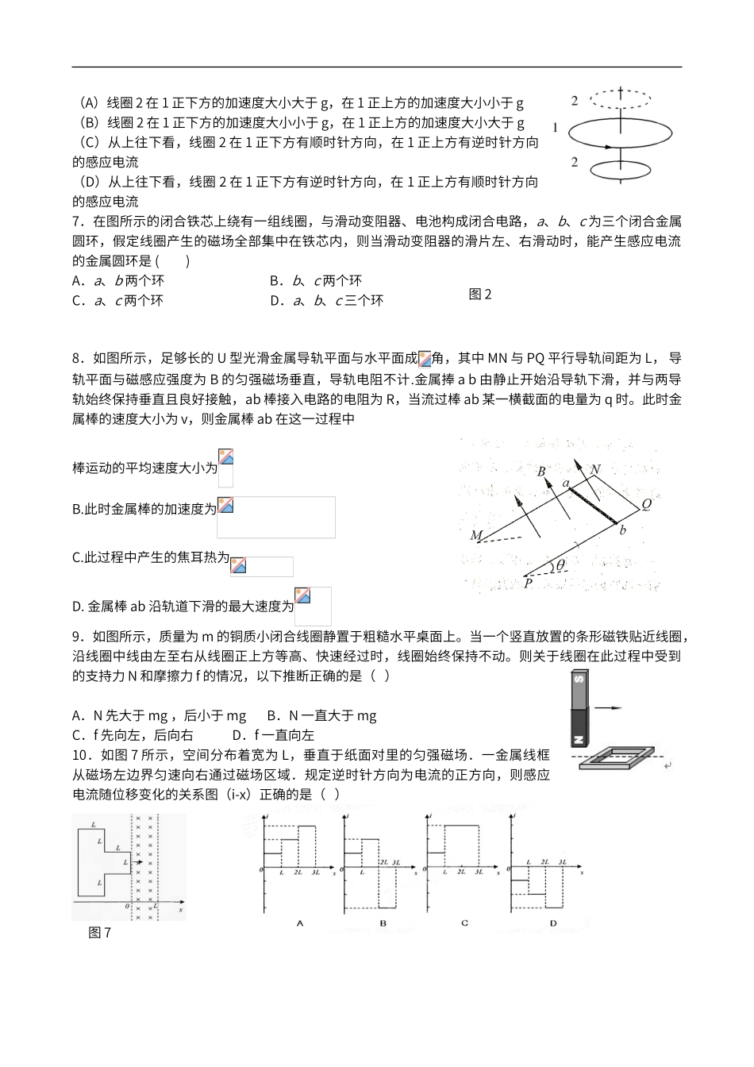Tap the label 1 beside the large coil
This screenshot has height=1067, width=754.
[556, 127]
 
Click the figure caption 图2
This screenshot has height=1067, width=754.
[480, 295]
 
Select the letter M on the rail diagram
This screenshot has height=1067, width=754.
[475, 536]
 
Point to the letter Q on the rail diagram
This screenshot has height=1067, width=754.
[646, 504]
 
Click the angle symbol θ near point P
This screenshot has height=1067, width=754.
[560, 565]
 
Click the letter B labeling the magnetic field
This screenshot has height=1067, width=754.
[541, 472]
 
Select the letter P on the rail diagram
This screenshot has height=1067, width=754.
[528, 584]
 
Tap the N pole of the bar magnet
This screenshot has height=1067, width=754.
[579, 738]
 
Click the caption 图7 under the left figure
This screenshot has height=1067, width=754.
[100, 933]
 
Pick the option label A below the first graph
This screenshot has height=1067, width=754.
[299, 923]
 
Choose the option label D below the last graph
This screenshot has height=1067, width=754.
[553, 923]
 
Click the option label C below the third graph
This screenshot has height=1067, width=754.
[464, 923]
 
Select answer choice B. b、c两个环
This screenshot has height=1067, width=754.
[316, 280]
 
